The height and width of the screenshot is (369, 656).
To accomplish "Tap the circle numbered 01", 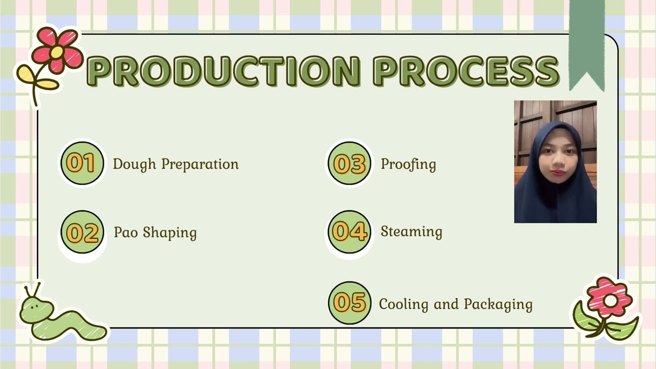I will [x=82, y=163].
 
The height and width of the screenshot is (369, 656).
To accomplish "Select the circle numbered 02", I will [x=82, y=232].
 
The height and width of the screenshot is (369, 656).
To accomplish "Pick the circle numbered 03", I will [x=349, y=163].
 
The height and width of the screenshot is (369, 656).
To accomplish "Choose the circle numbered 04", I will [x=349, y=232].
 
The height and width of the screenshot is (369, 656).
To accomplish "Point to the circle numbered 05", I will [x=349, y=302].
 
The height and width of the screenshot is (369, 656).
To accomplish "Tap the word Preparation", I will [x=200, y=165].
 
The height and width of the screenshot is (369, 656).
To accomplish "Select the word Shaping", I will [x=170, y=233].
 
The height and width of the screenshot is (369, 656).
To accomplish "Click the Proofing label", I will [x=408, y=165].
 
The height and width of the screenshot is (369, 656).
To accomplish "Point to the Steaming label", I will [x=411, y=232].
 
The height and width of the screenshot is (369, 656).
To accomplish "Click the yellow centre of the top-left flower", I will [x=56, y=52].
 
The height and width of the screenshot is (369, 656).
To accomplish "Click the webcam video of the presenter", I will [x=555, y=161].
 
